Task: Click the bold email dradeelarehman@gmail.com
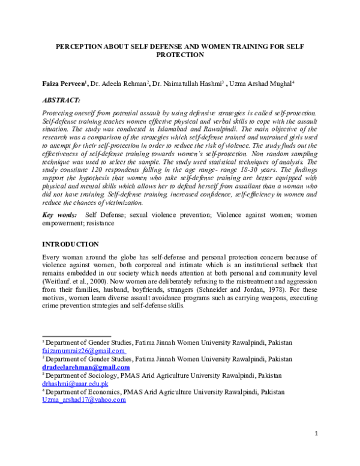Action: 86,367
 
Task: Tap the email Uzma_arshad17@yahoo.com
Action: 83,399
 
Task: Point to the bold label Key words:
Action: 59,214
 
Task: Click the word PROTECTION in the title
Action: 180,54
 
